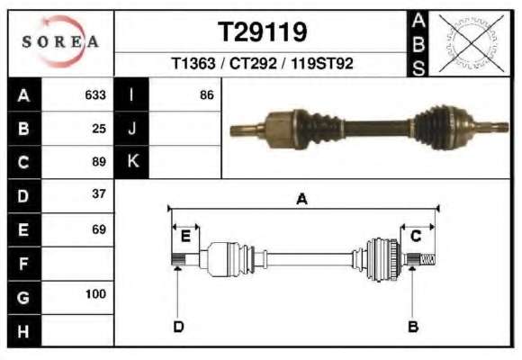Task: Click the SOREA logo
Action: (x=60, y=41)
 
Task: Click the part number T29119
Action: (x=262, y=32)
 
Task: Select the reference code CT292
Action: (x=253, y=63)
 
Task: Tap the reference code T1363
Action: (x=193, y=63)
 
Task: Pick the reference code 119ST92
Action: (x=322, y=63)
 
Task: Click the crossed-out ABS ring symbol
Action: (x=471, y=43)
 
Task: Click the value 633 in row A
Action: (x=95, y=95)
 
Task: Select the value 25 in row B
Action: (x=99, y=129)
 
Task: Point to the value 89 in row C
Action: (x=99, y=162)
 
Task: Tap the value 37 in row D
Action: (x=99, y=193)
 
